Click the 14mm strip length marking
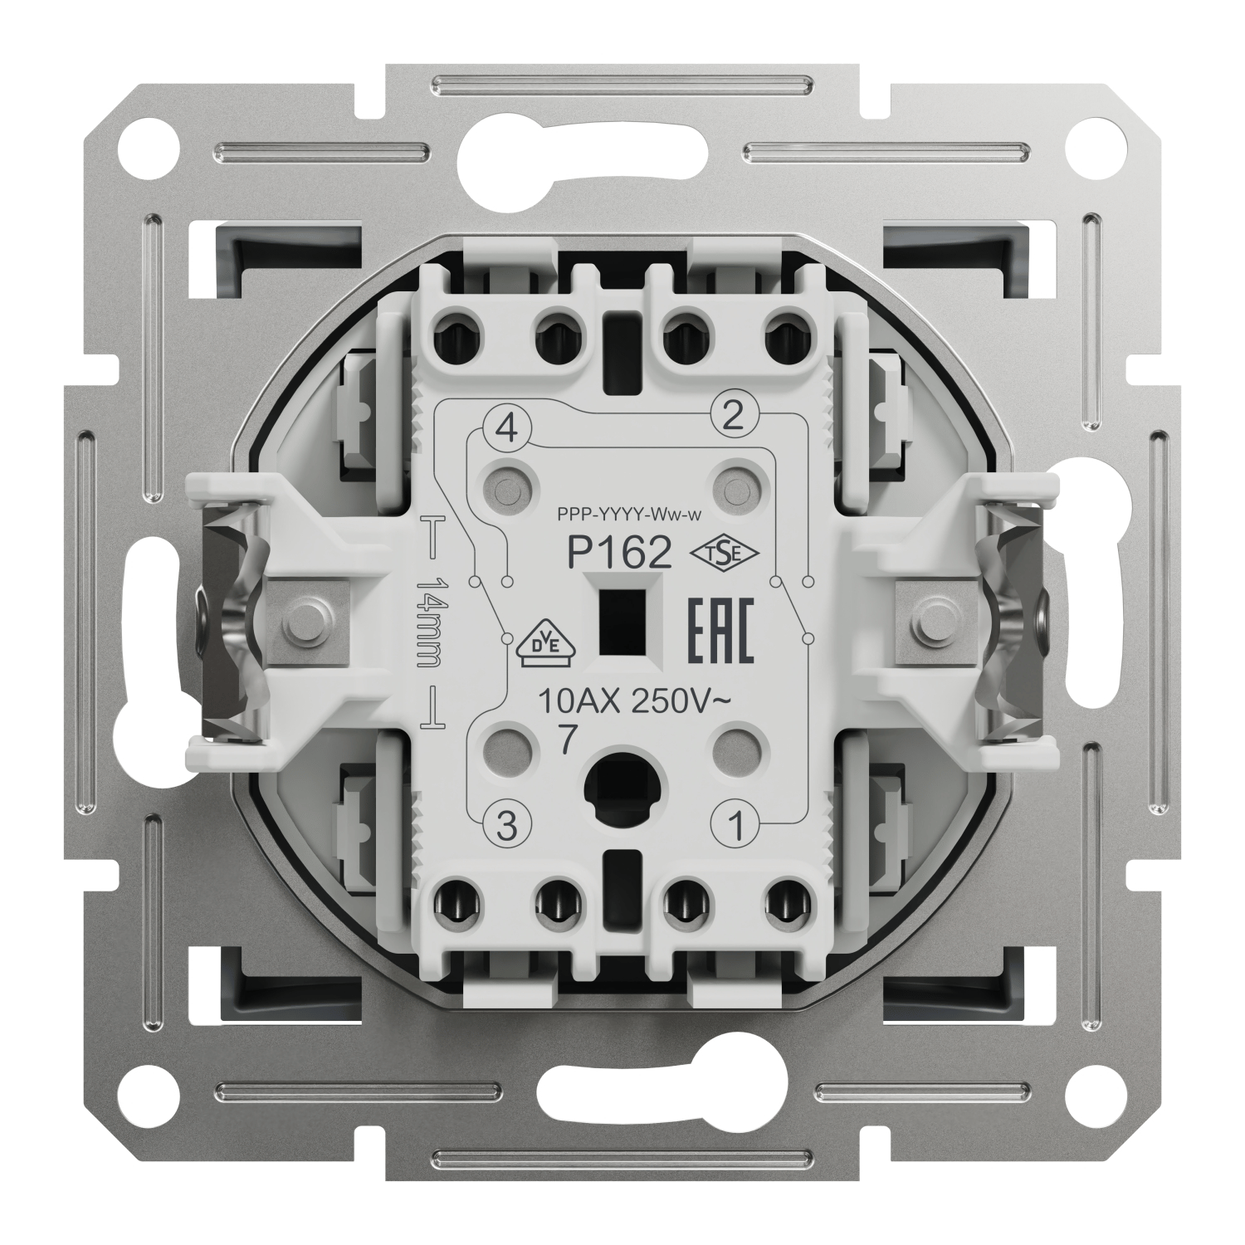point(432,623)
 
